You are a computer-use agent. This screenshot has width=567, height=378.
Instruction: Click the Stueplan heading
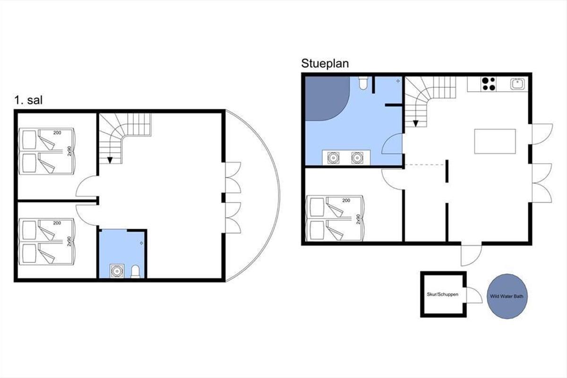pos(325,64)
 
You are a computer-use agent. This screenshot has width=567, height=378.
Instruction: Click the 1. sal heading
pos(28,100)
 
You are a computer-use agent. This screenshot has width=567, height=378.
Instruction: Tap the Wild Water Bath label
pos(507,296)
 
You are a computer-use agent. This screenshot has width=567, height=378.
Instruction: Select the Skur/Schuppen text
pos(442,294)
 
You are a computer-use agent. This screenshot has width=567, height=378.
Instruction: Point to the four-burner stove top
pos(489,84)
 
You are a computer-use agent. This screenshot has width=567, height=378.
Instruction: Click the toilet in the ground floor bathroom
pos(363,83)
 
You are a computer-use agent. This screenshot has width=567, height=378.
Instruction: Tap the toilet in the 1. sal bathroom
pos(136,271)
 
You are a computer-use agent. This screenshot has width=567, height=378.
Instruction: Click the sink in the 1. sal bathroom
pos(117,271)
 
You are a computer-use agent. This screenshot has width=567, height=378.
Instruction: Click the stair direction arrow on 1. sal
pos(110,160)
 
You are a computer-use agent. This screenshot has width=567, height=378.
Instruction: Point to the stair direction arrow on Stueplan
pos(415,123)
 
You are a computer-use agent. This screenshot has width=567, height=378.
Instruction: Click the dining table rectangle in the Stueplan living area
pos(495,141)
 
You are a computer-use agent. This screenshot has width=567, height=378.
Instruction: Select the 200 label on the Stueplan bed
pos(346,200)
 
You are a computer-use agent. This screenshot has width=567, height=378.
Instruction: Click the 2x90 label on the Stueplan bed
pos(358,219)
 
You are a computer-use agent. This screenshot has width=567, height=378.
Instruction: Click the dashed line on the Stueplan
pos(424,165)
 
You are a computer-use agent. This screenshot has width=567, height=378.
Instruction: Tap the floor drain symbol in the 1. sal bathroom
pos(141,243)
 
